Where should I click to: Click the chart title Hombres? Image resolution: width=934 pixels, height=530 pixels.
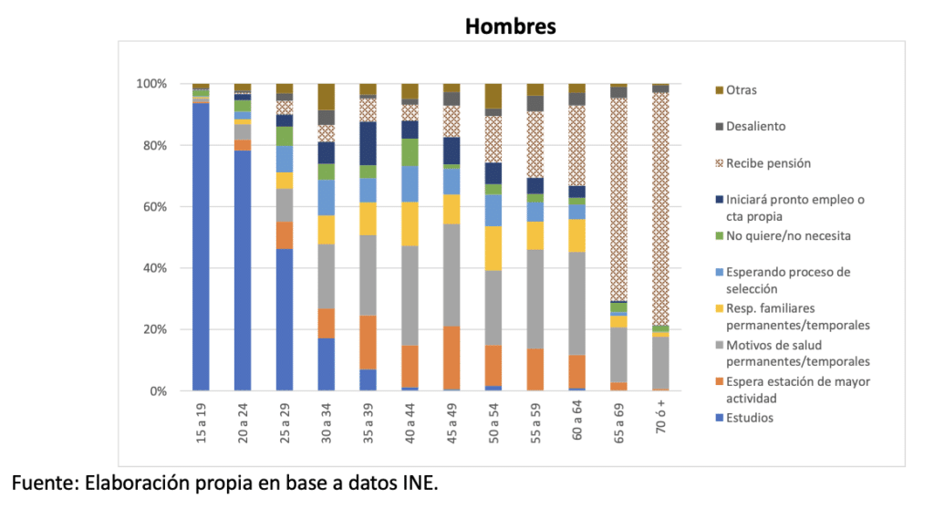[510, 26]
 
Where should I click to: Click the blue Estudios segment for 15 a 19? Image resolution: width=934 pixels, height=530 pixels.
[201, 246]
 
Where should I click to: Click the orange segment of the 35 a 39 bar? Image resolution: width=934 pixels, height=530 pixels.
[368, 342]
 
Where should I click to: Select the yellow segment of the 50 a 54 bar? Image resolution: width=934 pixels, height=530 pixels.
[493, 248]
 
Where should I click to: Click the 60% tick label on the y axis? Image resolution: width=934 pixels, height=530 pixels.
[151, 207]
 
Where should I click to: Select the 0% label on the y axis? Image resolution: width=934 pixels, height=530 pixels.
[156, 391]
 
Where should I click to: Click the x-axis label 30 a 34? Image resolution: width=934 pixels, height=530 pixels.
[327, 422]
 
